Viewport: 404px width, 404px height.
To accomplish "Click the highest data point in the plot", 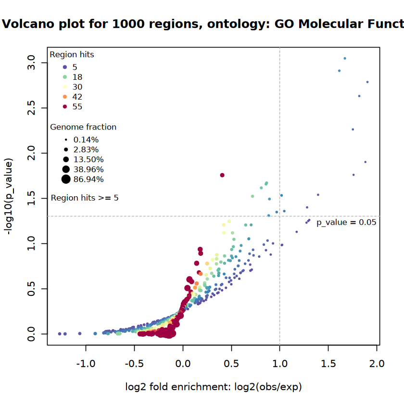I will [345, 58].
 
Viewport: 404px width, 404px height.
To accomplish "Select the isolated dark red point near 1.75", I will [222, 175].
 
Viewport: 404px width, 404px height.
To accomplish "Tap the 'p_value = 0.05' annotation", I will [346, 222].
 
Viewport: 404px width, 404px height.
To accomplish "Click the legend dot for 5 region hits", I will [65, 67].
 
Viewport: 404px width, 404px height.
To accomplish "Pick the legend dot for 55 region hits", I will [65, 107].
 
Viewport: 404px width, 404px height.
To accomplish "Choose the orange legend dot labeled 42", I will [65, 97].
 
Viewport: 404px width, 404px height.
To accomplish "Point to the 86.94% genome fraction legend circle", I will [66, 179].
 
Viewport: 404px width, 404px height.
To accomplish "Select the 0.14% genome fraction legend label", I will [86, 139].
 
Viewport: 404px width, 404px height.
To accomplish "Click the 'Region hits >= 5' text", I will [85, 198].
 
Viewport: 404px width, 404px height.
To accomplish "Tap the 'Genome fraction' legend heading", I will [83, 127].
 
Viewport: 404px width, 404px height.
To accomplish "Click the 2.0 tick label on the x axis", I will [377, 364].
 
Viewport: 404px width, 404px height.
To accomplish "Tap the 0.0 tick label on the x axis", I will [183, 364].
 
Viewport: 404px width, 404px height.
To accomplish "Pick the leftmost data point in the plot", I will [60, 333].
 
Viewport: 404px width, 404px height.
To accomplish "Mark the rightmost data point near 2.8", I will [367, 82].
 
